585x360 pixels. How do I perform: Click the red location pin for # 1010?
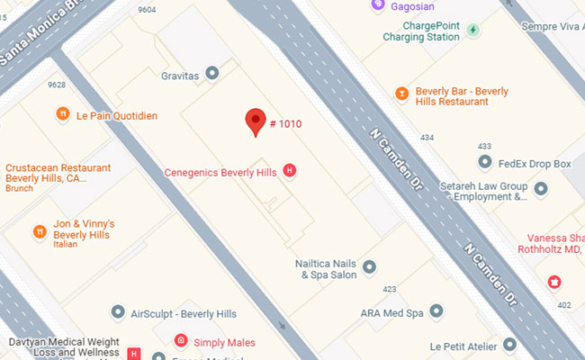[x=256, y=121]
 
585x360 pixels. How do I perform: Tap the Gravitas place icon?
[x=212, y=72]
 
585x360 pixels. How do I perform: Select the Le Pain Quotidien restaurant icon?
[x=62, y=114]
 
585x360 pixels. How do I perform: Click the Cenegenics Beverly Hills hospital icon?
[x=289, y=170]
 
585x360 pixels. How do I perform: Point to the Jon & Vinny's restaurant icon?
[x=40, y=231]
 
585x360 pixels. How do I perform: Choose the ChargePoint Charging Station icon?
[x=473, y=31]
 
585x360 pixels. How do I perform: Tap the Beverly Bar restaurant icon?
[x=402, y=92]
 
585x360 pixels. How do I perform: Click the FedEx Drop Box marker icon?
[x=485, y=163]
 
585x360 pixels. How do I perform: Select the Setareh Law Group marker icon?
[x=541, y=189]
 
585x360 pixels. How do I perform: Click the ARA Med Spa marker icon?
[x=436, y=312]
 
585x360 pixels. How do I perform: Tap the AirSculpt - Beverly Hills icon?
[x=118, y=312]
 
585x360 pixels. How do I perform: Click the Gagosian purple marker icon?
[x=378, y=5]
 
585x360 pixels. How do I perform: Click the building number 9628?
[x=57, y=85]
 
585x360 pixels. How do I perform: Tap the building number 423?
[x=389, y=289]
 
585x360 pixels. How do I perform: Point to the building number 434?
[x=427, y=137]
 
